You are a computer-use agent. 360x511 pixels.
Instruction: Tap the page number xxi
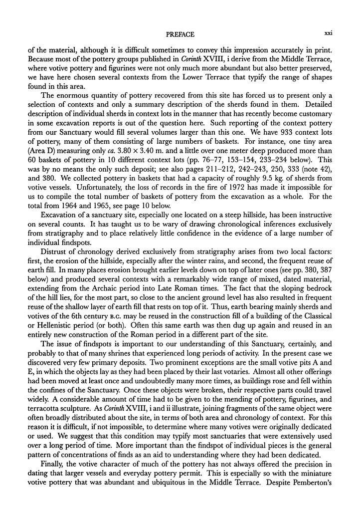coord(328,34)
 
